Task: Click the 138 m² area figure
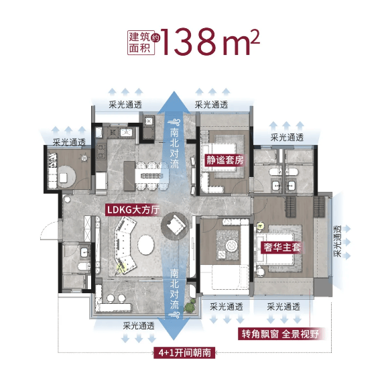210,42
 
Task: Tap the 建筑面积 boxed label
141,42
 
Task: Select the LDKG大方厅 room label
133,210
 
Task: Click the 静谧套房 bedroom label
224,160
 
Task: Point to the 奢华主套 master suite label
282,247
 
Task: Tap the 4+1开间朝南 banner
185,353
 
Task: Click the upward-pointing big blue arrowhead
174,102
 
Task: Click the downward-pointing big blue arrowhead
174,329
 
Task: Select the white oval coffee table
146,245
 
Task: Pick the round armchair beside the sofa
174,225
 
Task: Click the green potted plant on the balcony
190,307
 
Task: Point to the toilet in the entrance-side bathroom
84,267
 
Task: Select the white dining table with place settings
152,176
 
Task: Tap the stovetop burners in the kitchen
101,152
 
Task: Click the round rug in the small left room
66,176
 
